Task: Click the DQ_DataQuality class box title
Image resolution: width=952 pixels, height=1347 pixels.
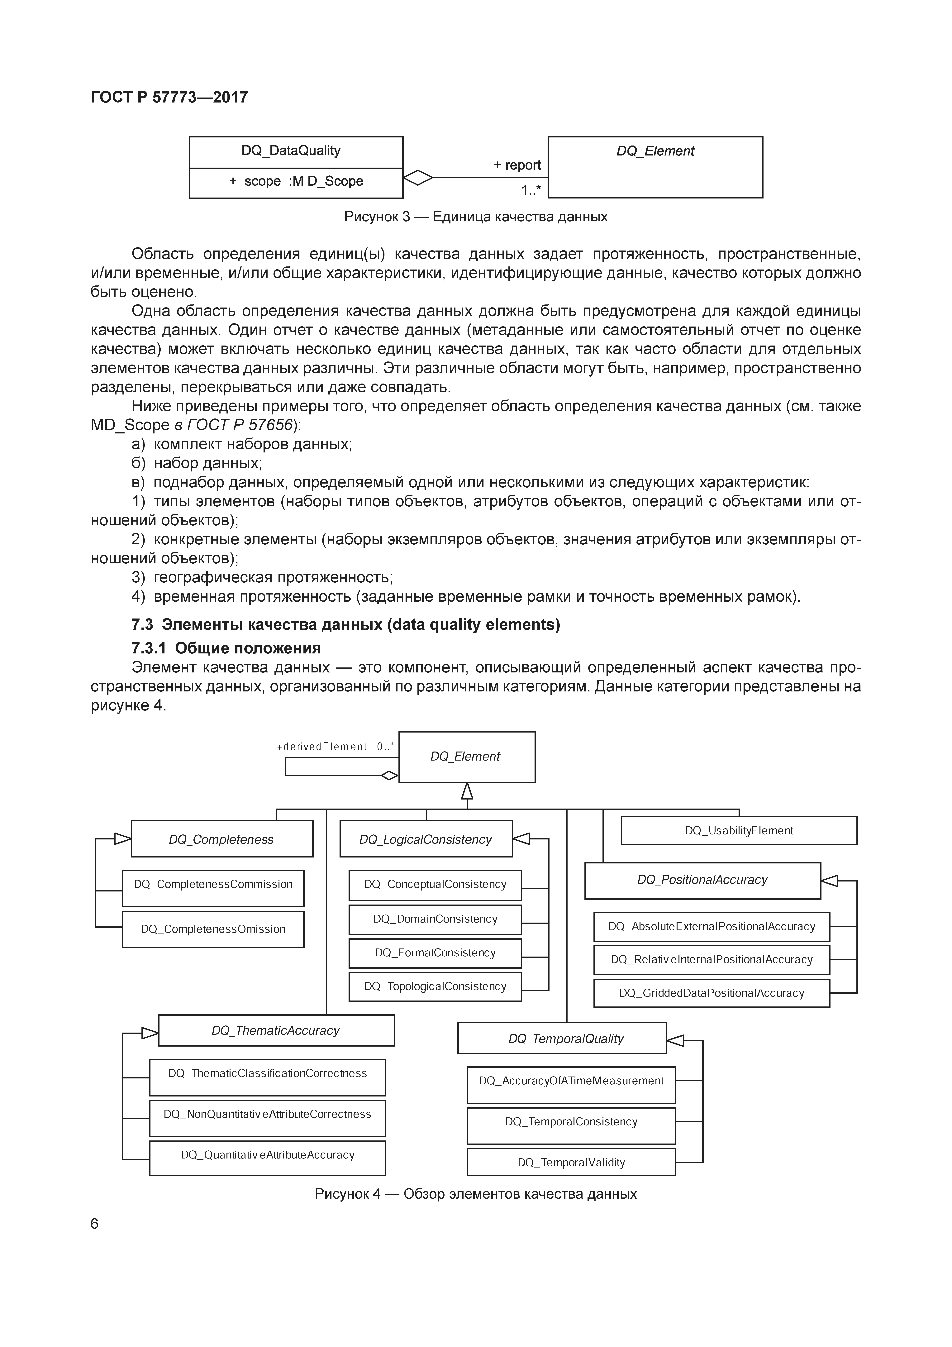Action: coord(291,151)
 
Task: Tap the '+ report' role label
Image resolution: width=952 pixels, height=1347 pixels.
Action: coord(517,165)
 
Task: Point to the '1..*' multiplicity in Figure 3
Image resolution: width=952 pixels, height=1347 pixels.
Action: coord(531,190)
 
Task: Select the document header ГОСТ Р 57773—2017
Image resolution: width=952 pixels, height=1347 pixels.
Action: coord(169,97)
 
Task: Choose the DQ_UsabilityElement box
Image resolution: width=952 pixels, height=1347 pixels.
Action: coord(739,831)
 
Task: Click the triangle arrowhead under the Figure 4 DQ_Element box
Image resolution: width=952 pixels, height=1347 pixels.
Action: coord(467,791)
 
